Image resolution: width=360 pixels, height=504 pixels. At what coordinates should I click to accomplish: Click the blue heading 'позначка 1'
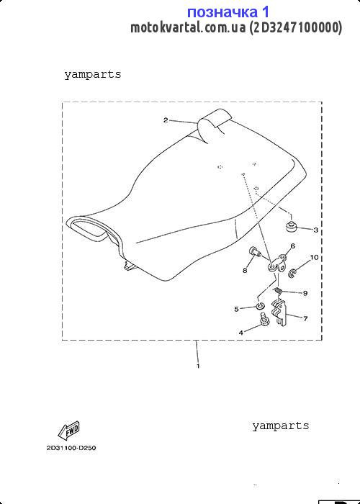pyautogui.click(x=228, y=12)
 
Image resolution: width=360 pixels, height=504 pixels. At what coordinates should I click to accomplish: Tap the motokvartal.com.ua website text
pyautogui.click(x=188, y=27)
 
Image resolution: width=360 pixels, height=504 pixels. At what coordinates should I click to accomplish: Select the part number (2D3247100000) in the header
pyautogui.click(x=295, y=28)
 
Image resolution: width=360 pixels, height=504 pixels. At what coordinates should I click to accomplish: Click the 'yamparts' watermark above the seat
pyautogui.click(x=93, y=75)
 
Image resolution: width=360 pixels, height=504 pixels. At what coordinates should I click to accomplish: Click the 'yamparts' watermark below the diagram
pyautogui.click(x=280, y=426)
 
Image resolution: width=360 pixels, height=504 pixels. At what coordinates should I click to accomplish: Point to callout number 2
pyautogui.click(x=166, y=120)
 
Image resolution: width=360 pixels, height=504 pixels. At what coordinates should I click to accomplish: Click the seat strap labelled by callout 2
pyautogui.click(x=215, y=125)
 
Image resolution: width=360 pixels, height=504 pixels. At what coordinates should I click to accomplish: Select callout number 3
pyautogui.click(x=315, y=230)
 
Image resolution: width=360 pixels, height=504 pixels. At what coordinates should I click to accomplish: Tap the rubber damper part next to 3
pyautogui.click(x=291, y=226)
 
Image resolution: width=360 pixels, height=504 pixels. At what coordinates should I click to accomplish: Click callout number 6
pyautogui.click(x=292, y=246)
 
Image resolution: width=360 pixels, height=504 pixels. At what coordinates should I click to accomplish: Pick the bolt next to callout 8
pyautogui.click(x=254, y=251)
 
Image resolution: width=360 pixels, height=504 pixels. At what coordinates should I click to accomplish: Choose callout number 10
pyautogui.click(x=314, y=258)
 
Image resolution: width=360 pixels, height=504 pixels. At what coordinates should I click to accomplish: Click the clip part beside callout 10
pyautogui.click(x=292, y=273)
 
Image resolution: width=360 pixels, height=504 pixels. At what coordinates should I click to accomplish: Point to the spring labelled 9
pyautogui.click(x=279, y=291)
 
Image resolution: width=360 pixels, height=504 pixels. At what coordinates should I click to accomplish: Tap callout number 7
pyautogui.click(x=305, y=318)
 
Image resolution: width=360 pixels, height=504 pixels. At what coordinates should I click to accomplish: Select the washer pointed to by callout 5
pyautogui.click(x=261, y=305)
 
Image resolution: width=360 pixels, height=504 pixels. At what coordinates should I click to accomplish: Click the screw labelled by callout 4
pyautogui.click(x=264, y=320)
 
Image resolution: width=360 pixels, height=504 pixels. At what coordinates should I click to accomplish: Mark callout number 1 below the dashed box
pyautogui.click(x=198, y=366)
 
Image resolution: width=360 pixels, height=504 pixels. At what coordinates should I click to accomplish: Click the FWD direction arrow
pyautogui.click(x=68, y=431)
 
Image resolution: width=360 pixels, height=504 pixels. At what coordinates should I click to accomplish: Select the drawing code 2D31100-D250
pyautogui.click(x=71, y=448)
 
